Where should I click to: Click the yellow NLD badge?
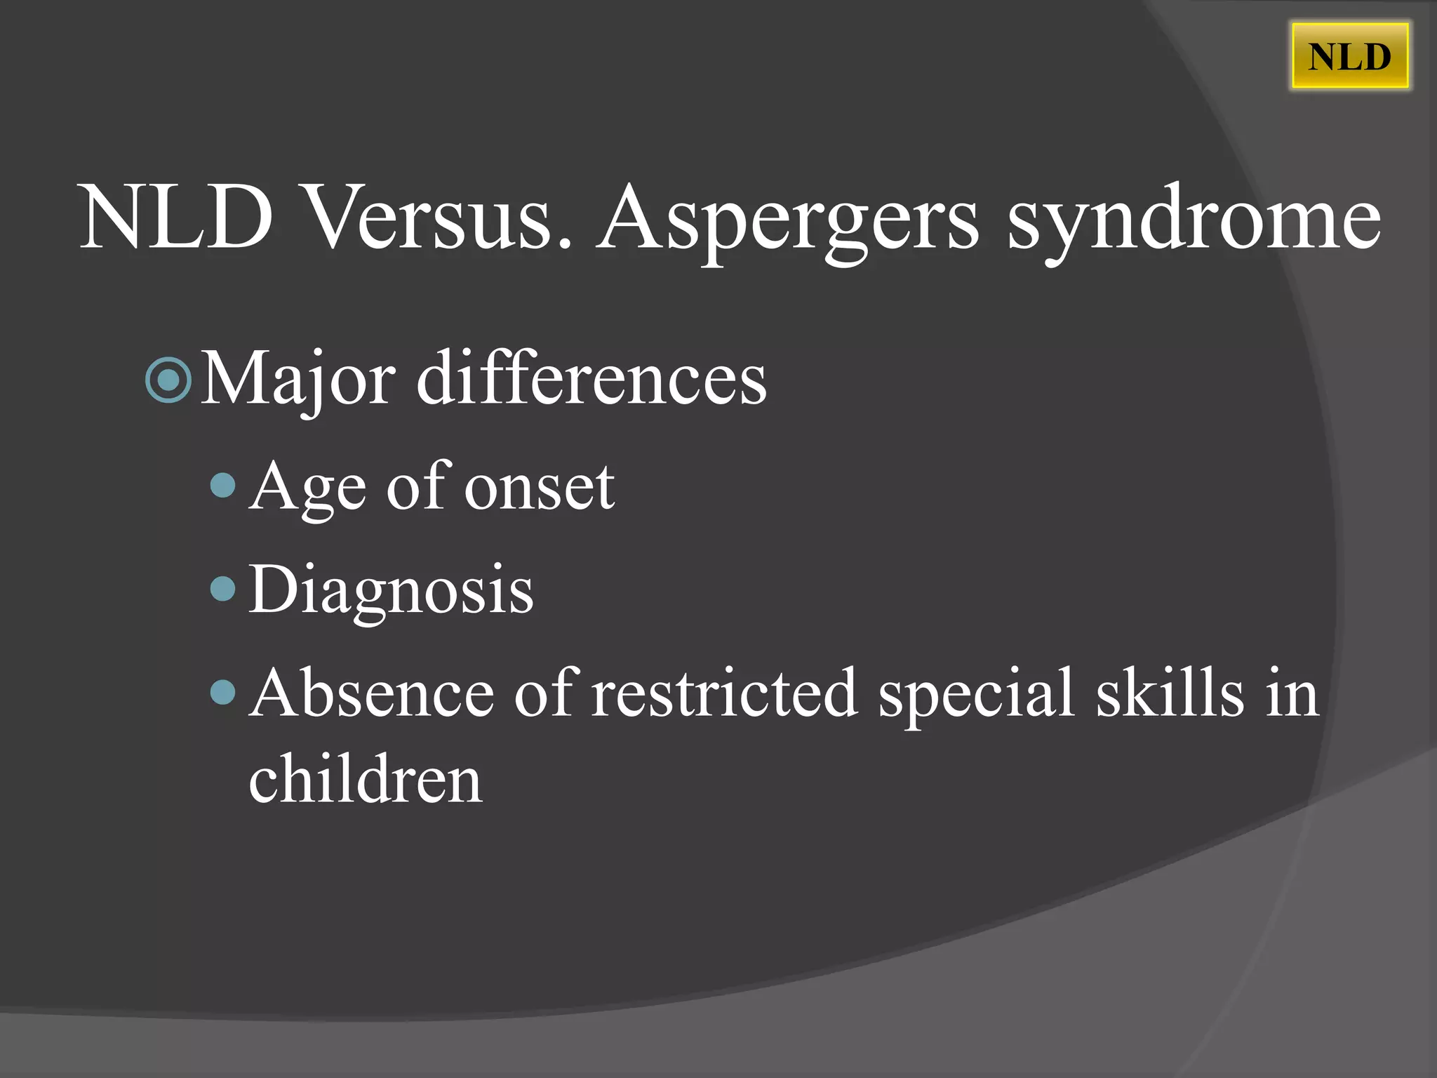coord(1349,56)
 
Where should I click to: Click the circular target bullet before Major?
coord(168,380)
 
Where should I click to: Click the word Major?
coord(298,380)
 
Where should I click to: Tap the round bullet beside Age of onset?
coord(223,485)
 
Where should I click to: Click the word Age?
coord(308,488)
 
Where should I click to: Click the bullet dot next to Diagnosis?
coord(223,588)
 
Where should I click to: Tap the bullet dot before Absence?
coord(223,692)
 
